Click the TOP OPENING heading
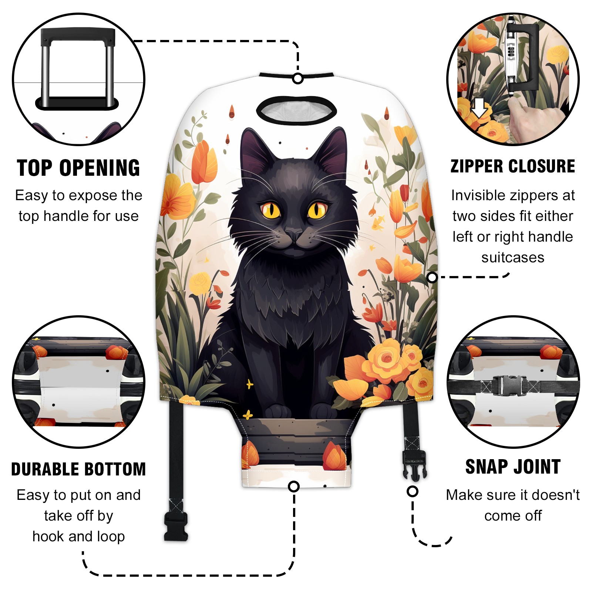tap(78, 168)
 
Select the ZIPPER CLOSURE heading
tap(513, 166)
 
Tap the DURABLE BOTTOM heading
tap(78, 469)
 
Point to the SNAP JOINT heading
tap(513, 467)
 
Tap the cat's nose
tap(294, 234)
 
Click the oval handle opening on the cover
tap(296, 110)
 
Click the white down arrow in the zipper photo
tap(480, 107)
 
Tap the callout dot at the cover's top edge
tap(298, 78)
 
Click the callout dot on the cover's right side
tap(432, 277)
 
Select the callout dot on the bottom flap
tap(294, 486)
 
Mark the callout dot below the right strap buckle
tap(413, 491)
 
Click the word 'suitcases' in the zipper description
tap(513, 258)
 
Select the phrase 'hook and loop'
tap(78, 536)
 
